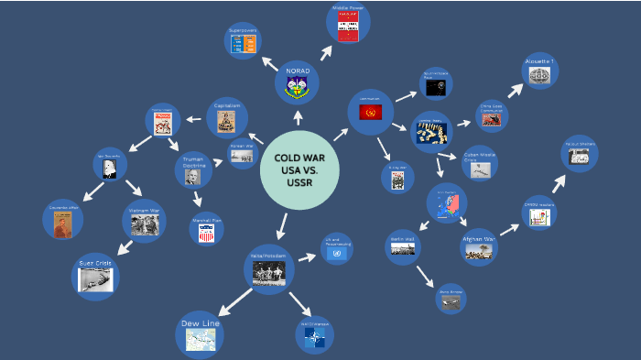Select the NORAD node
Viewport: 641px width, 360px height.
[299, 82]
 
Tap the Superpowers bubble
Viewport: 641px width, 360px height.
[244, 42]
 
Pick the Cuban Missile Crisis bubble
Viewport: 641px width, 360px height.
[478, 163]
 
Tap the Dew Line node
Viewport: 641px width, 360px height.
[200, 334]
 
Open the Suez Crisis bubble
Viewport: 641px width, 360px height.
[95, 277]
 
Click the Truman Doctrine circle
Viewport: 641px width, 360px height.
[193, 169]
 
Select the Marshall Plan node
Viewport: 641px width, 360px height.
[206, 229]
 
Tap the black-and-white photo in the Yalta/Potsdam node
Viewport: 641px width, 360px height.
[268, 272]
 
